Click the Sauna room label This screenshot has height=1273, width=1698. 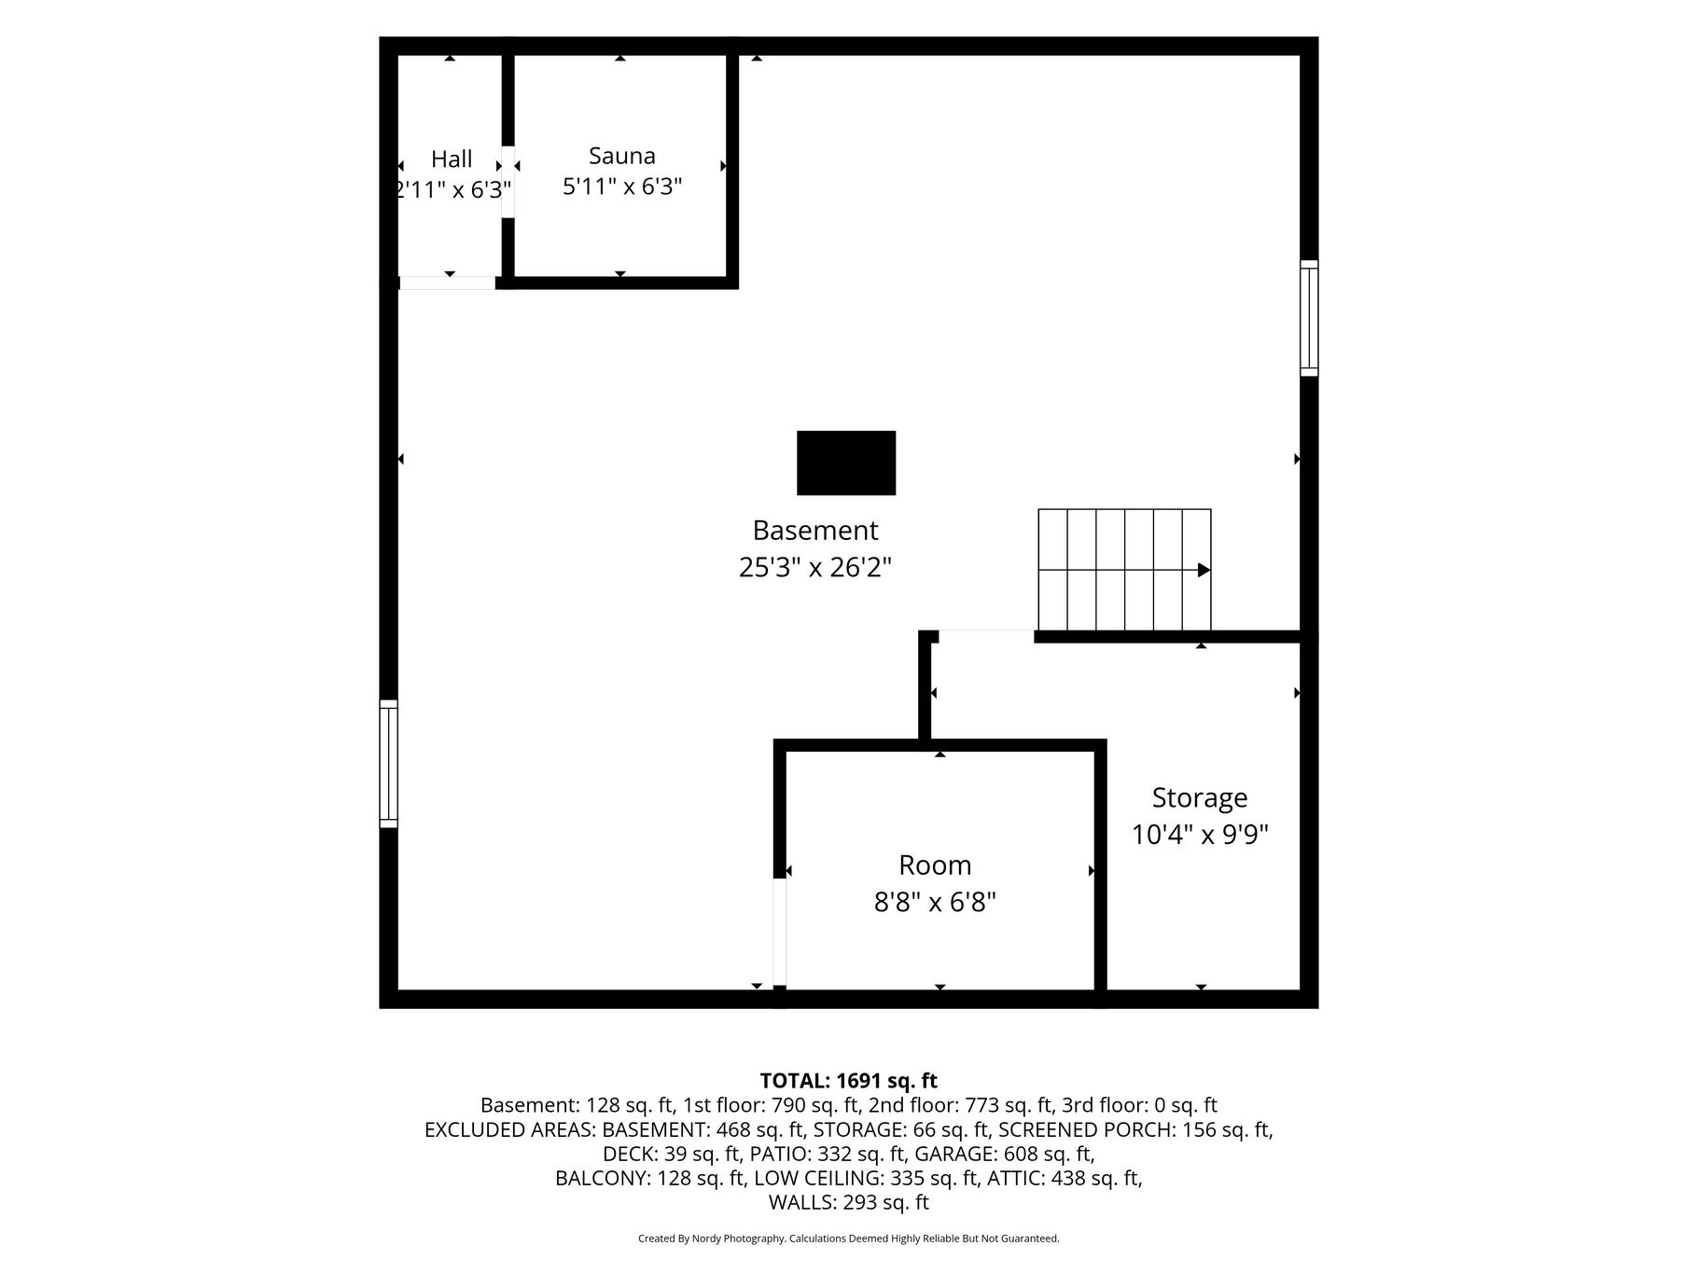coord(622,156)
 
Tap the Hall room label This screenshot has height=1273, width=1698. coord(452,159)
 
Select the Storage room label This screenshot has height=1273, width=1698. coord(1200,798)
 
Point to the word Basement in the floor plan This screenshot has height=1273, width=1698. coord(815,531)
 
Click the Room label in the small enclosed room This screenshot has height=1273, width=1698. coord(935,865)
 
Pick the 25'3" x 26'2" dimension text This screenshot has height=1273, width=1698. coord(815,567)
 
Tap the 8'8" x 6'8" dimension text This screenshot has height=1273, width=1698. coord(935,903)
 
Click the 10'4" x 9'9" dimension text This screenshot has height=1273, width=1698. coord(1200,834)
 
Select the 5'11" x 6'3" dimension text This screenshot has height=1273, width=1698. coord(622,187)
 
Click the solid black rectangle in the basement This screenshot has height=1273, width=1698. coord(846,463)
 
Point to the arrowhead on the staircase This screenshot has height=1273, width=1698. coord(1204,570)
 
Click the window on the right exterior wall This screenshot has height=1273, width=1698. coord(1310,318)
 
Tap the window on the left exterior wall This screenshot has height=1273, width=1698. coord(388,764)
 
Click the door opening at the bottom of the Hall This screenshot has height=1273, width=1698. coord(447,284)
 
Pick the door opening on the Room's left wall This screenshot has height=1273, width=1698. coord(780,932)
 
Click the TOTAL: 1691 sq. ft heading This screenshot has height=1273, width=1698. coord(849,1081)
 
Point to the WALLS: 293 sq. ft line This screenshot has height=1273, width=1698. coord(849,1202)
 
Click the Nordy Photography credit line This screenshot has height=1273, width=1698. coord(849,1238)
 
